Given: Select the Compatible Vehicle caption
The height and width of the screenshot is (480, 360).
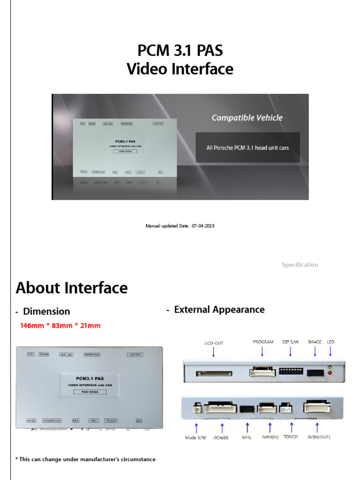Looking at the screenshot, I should click(247, 118).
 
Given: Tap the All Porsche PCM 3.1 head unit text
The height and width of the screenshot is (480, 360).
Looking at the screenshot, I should click(247, 148).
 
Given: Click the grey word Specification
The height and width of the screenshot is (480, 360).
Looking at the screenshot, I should click(300, 265).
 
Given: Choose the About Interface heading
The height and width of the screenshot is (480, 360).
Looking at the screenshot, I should click(72, 288).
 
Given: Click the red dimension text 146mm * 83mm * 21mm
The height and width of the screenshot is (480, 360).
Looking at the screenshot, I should click(60, 325).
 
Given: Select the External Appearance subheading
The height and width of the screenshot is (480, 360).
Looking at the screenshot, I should click(219, 309).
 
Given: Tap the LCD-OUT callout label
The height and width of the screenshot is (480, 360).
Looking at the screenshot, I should click(214, 343).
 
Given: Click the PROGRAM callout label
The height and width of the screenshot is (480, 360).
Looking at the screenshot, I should click(262, 342).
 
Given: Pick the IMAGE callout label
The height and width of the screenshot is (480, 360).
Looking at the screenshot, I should click(315, 342).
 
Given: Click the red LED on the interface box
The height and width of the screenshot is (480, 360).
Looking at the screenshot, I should click(331, 373).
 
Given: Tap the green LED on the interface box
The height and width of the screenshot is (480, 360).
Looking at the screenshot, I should click(331, 367).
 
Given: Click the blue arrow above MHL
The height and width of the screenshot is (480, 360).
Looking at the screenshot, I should click(247, 427).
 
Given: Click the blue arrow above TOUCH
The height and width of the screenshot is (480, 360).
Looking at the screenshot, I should click(292, 427).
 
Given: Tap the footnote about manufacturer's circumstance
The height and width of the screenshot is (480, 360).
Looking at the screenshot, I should click(85, 459).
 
